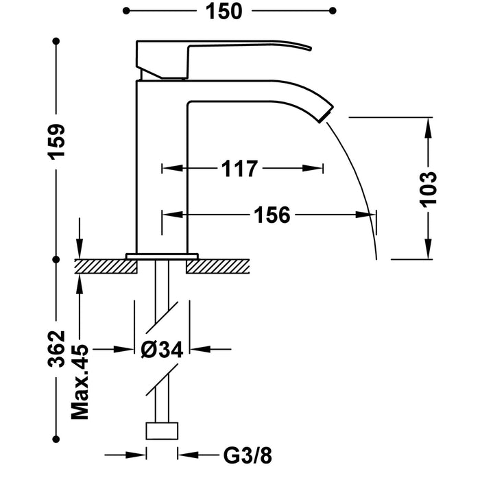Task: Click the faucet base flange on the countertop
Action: coord(162,256)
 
